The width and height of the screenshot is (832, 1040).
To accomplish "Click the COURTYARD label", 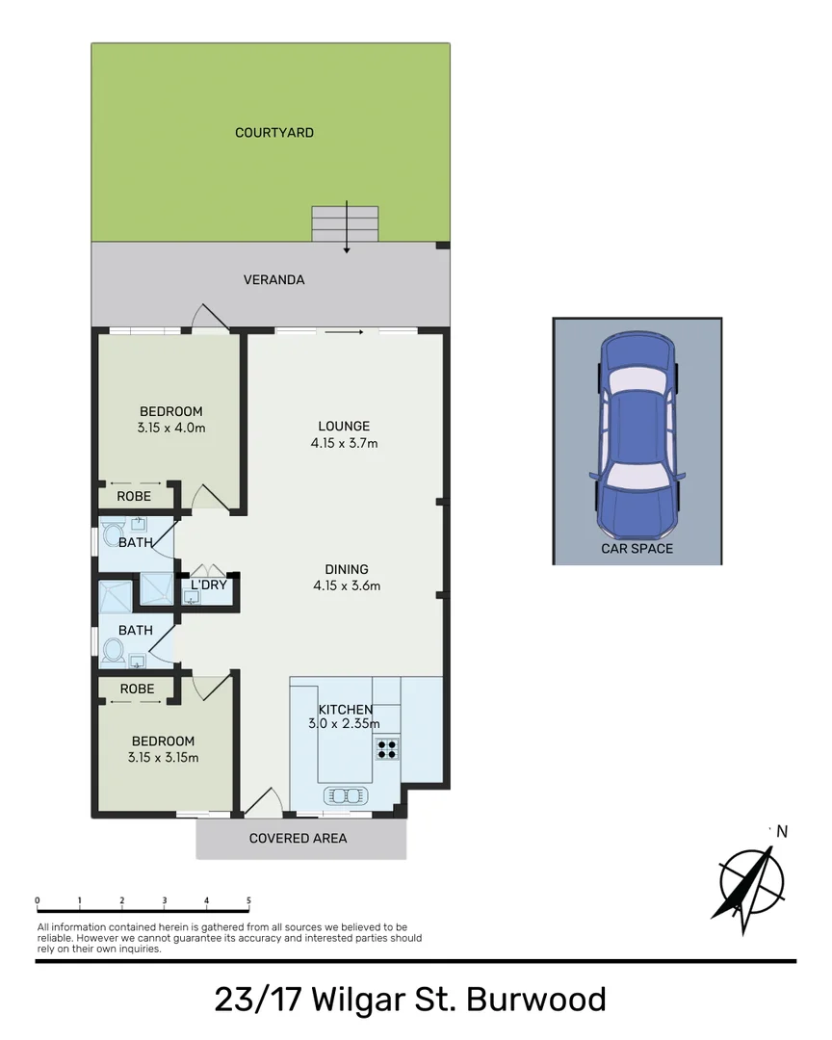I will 274,133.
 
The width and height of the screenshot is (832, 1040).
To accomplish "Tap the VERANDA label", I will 273,280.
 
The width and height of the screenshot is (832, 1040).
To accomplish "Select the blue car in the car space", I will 637,434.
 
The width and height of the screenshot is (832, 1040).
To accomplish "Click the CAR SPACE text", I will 637,549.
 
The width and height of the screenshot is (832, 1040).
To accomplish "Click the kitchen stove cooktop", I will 387,749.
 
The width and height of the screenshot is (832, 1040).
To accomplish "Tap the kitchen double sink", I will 347,795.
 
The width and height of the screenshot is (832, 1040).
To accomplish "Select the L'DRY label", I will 208,585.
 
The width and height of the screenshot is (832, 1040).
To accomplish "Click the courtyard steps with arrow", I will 345,224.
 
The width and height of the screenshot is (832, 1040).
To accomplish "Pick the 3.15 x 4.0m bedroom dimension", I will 171,429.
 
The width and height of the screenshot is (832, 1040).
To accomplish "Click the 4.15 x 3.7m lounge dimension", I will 344,444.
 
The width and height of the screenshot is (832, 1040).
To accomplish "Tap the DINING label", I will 347,569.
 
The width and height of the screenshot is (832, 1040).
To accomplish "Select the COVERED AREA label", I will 298,838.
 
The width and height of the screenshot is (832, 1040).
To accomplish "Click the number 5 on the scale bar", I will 248,901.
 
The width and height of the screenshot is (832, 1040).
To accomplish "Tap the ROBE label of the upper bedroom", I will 134,497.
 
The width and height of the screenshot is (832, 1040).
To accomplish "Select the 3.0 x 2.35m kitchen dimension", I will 344,724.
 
